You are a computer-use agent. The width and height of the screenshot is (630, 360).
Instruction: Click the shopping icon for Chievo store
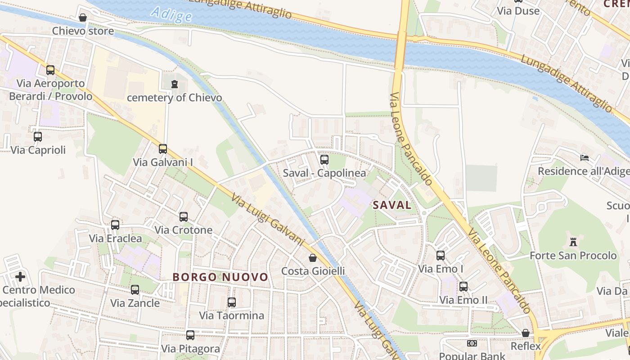pos(83,18)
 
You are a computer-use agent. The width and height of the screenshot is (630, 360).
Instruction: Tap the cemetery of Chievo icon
pos(175,84)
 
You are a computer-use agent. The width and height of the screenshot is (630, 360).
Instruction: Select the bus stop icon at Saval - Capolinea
pos(324,160)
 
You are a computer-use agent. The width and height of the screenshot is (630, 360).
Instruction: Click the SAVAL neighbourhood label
pos(392,205)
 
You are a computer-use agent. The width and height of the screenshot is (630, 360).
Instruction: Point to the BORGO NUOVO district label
pos(220,277)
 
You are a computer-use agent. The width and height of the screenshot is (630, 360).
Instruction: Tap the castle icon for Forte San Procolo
pos(573,242)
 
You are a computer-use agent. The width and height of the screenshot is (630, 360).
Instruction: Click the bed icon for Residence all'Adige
pos(585,158)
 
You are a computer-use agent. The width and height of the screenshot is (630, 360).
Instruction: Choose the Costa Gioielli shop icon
pos(313,258)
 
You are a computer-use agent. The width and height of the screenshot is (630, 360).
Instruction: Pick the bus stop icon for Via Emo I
pos(441,256)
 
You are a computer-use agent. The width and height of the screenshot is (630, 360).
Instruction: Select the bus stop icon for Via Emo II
pos(463,287)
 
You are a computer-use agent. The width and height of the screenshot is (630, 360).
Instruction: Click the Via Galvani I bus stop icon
pos(163,149)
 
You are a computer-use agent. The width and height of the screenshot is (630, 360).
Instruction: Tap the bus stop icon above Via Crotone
pos(183,217)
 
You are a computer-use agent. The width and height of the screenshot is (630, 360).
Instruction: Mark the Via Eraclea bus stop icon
pos(115,225)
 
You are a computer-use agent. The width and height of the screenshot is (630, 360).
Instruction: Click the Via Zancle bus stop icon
pos(135,290)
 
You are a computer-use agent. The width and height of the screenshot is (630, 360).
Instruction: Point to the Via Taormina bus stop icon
pos(232,302)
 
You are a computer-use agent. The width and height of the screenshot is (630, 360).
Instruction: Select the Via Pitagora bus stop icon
pos(190,335)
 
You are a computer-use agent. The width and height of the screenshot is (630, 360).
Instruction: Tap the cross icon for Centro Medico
pos(20,276)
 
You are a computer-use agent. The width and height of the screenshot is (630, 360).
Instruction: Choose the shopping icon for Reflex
pos(525,333)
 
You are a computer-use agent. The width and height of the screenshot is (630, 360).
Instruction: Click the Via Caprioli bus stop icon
pos(38,137)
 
